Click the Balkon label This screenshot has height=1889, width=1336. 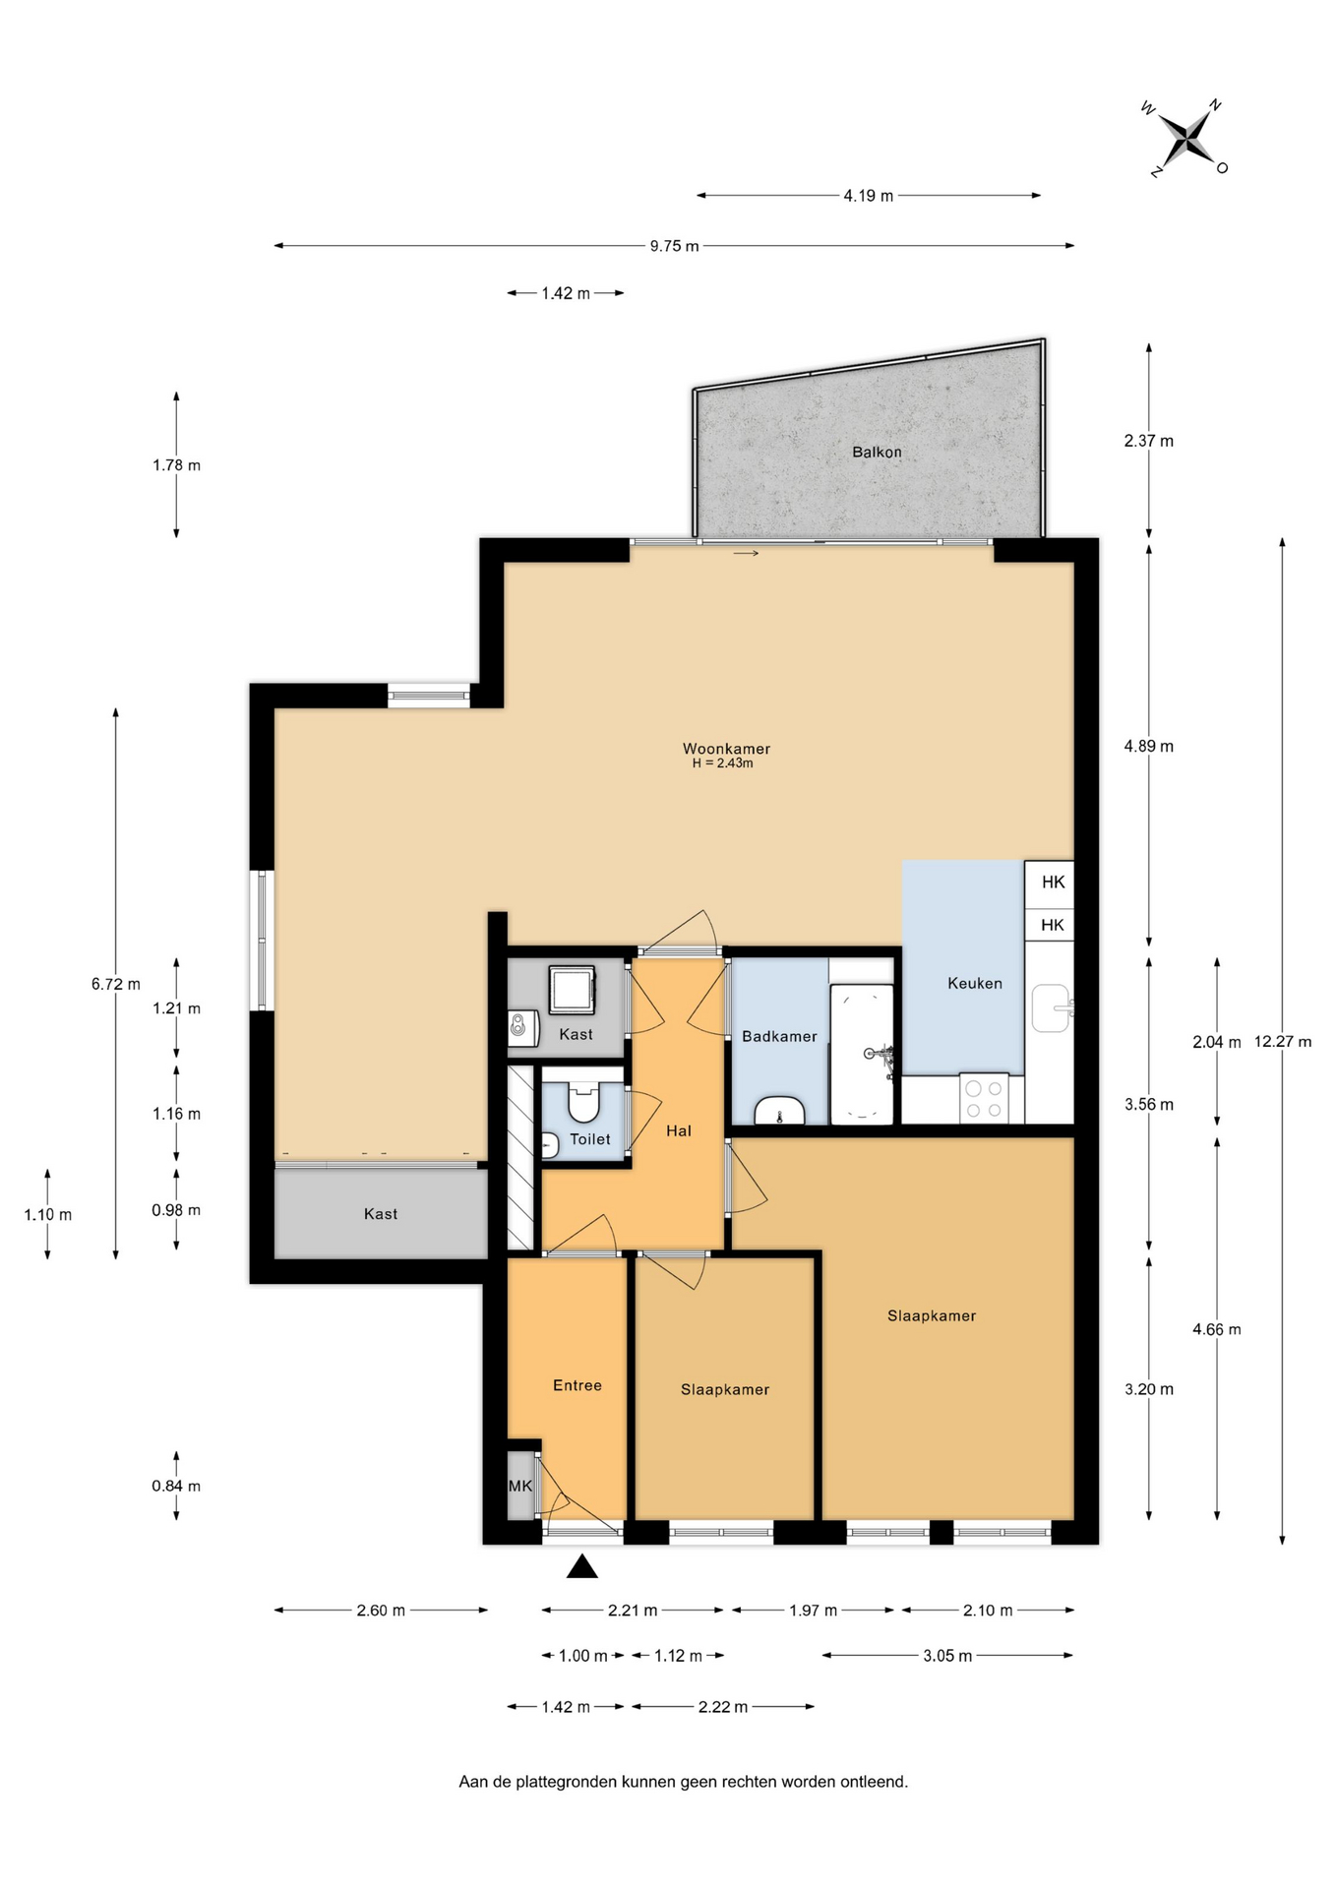(877, 453)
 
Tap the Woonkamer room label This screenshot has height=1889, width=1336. (726, 749)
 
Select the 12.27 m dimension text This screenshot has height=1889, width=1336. (1283, 1042)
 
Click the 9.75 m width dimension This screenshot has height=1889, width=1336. (674, 246)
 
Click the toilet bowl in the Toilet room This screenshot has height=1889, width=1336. (583, 1102)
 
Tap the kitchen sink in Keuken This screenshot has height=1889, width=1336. (1051, 1008)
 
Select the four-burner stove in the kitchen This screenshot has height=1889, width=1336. (984, 1099)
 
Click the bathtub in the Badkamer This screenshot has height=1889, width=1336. (862, 1054)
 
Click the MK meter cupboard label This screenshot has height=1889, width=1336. (520, 1486)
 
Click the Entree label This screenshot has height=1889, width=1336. (577, 1385)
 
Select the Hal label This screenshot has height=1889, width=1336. (679, 1131)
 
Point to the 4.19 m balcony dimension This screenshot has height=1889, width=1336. (869, 196)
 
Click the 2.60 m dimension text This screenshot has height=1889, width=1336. (381, 1611)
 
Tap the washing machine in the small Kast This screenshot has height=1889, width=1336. (572, 990)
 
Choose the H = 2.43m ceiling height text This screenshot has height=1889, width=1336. (723, 763)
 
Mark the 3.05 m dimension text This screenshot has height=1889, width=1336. (947, 1656)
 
